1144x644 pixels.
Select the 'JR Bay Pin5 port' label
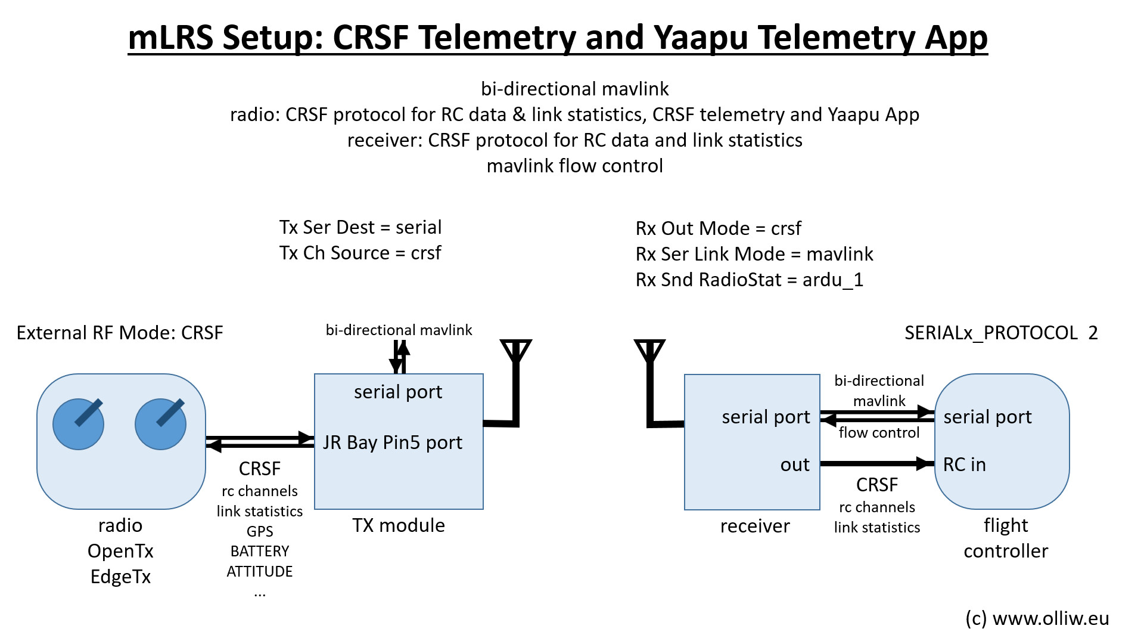393,442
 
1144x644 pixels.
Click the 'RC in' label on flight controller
964,465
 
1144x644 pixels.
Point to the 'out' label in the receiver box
795,465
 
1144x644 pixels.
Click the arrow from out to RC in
876,463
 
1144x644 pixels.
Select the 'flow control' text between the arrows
879,432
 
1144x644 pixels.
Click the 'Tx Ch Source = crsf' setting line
360,253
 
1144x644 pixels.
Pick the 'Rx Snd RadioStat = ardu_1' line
749,280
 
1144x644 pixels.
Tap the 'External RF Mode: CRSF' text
120,333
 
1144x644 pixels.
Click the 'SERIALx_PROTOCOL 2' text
1000,333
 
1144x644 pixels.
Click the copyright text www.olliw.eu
1037,618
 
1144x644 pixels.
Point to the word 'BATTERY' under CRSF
260,551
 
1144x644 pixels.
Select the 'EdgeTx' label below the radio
120,577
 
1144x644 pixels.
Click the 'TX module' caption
398,525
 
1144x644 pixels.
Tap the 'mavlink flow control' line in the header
574,166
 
